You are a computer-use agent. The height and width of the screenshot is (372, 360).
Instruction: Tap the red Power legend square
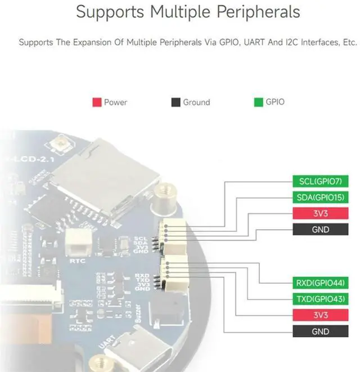pyautogui.click(x=96, y=102)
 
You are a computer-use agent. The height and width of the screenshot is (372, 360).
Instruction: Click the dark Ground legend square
pyautogui.click(x=175, y=102)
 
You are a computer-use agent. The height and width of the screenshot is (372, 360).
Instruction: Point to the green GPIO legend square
pyautogui.click(x=259, y=102)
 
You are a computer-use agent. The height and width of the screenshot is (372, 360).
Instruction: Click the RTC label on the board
pyautogui.click(x=77, y=261)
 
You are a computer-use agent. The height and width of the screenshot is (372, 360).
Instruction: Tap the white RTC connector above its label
pyautogui.click(x=77, y=244)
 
